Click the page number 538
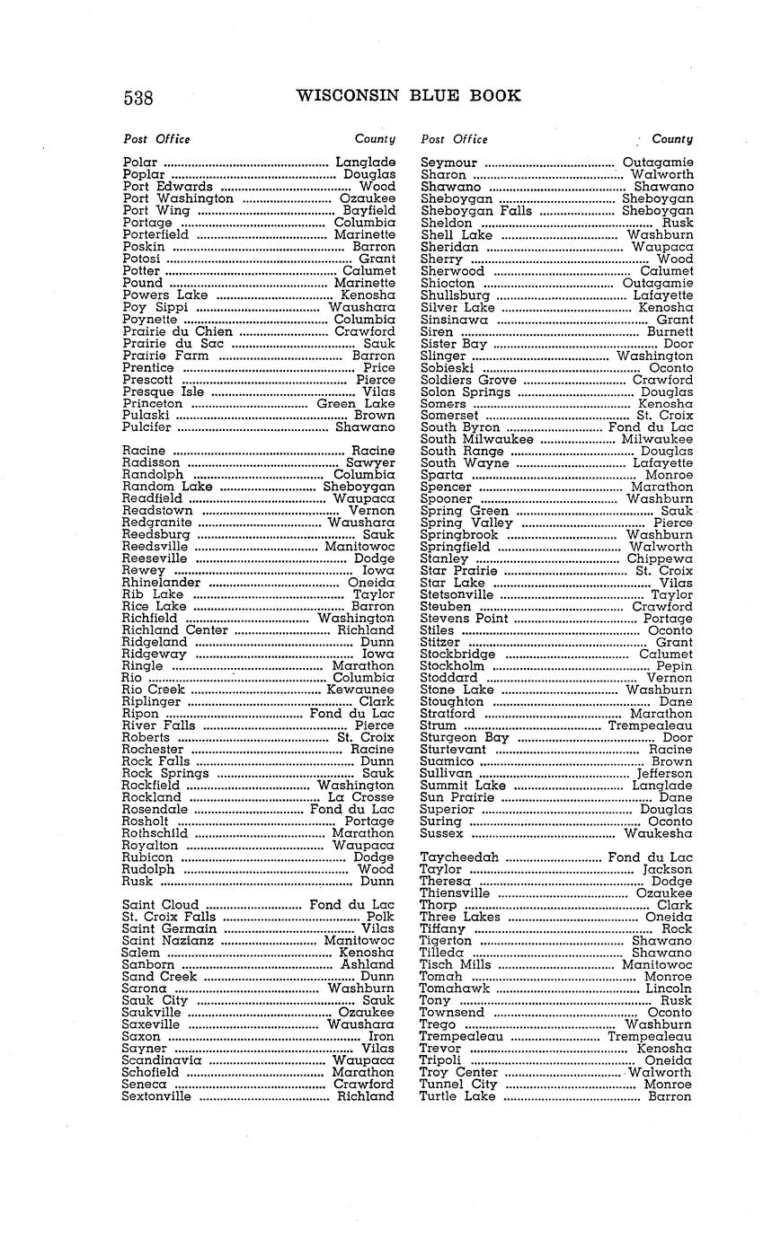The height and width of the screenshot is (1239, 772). (x=138, y=98)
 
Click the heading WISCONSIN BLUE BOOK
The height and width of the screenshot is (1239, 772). (x=408, y=96)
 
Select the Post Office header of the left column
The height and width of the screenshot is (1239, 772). (x=156, y=139)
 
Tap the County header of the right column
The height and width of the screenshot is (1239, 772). (x=672, y=139)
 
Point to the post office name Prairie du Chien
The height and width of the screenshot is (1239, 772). (x=177, y=331)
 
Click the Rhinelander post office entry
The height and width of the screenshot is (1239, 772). (x=161, y=582)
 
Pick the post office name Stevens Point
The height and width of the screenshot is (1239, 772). (x=465, y=619)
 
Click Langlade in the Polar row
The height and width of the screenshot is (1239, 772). (x=365, y=163)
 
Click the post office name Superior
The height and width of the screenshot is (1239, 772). (x=447, y=809)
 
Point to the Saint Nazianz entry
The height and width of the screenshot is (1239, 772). (x=168, y=941)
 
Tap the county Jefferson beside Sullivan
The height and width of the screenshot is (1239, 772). (x=664, y=773)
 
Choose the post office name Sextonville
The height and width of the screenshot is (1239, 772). (x=156, y=1096)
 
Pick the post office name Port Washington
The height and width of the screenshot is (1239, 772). (x=178, y=198)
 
